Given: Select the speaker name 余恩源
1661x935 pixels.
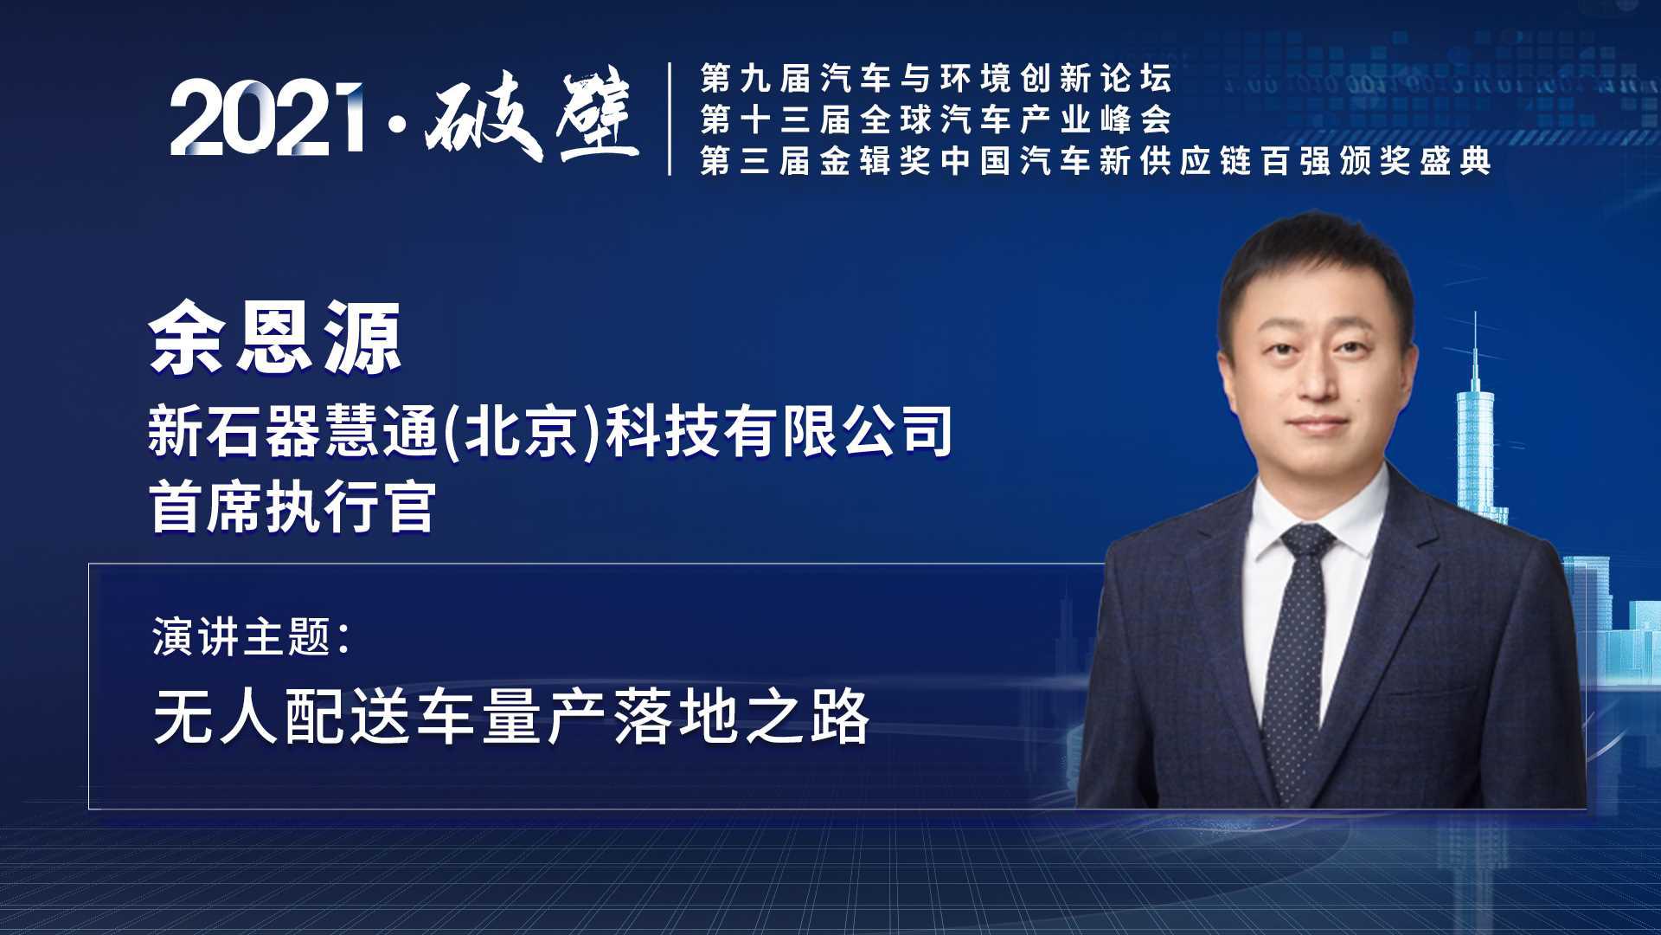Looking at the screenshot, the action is (275, 339).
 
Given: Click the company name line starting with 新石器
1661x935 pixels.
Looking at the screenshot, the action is (551, 430).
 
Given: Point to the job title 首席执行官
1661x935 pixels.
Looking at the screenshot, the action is (292, 506).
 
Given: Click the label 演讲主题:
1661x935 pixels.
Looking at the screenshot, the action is (251, 637).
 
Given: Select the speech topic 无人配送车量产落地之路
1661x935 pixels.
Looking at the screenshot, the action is (511, 716).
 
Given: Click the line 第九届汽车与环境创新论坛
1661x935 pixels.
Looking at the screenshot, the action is (936, 79).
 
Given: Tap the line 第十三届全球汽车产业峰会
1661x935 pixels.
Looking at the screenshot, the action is (936, 119).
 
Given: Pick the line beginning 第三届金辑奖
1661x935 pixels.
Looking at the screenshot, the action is (1095, 161).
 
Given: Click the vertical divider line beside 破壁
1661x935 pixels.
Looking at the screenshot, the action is (670, 119).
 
